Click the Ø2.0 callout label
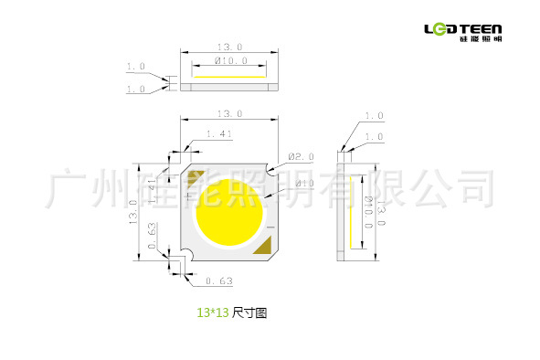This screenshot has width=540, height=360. click(x=302, y=156)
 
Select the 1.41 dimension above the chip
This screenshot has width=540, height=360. click(x=219, y=134)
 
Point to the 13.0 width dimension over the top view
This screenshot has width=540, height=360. click(x=228, y=46)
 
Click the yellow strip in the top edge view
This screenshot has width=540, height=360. click(x=229, y=79)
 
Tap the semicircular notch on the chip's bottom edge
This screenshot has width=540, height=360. click(x=186, y=256)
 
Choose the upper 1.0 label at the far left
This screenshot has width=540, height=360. click(x=136, y=68)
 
